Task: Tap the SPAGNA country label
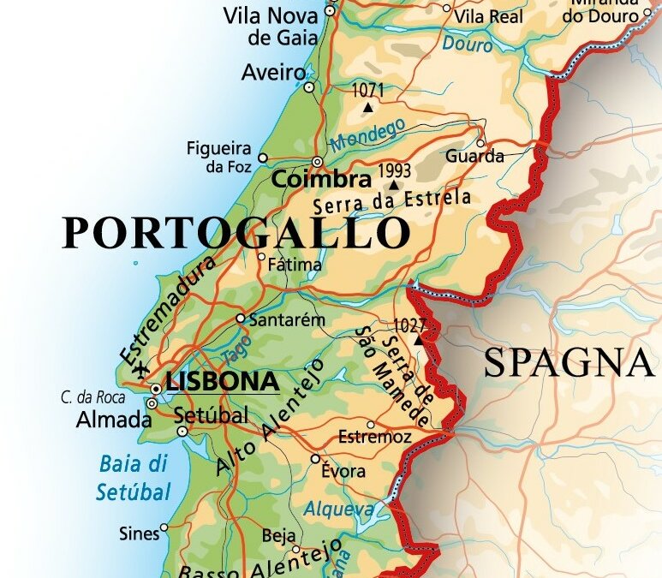click(x=567, y=363)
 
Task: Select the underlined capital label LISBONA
click(x=223, y=381)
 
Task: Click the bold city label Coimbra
click(x=321, y=180)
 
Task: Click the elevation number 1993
click(x=395, y=169)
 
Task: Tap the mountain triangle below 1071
click(x=368, y=107)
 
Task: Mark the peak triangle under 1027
click(x=418, y=340)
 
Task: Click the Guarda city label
click(x=474, y=157)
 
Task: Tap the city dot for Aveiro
click(x=309, y=86)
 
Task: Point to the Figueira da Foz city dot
click(x=263, y=158)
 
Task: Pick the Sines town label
click(x=138, y=533)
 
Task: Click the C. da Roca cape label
click(x=93, y=397)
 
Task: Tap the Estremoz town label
click(x=375, y=438)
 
